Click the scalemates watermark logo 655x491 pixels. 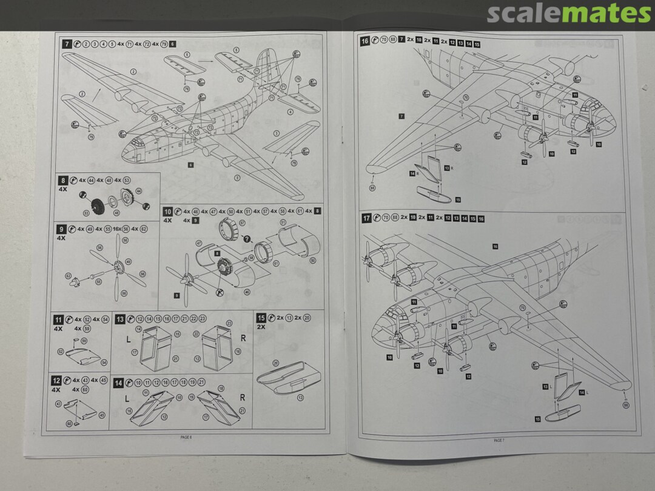pos(568,13)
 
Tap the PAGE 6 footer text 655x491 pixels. pos(186,436)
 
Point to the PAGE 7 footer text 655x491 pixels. pos(499,441)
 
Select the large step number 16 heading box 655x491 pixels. pos(364,41)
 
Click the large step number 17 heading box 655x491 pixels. pos(366,218)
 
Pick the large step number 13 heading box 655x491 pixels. pos(120,318)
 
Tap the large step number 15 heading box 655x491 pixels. pos(261,318)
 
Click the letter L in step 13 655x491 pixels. pos(128,338)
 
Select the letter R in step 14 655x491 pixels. pos(243,398)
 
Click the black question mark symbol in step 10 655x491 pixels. pos(246,239)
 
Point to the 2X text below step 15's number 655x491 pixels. pos(262,327)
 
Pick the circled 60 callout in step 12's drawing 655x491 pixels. pos(69,423)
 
